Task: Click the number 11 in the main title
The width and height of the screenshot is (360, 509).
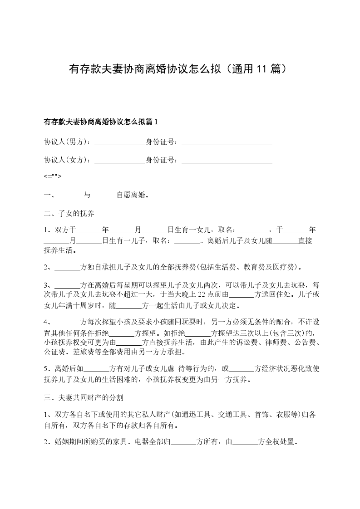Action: point(261,69)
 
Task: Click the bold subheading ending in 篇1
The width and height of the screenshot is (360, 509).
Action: point(100,122)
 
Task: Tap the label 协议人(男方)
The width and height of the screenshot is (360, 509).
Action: point(67,142)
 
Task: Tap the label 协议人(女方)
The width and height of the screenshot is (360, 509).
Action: point(67,160)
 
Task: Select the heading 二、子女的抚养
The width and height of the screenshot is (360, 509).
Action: point(69,213)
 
